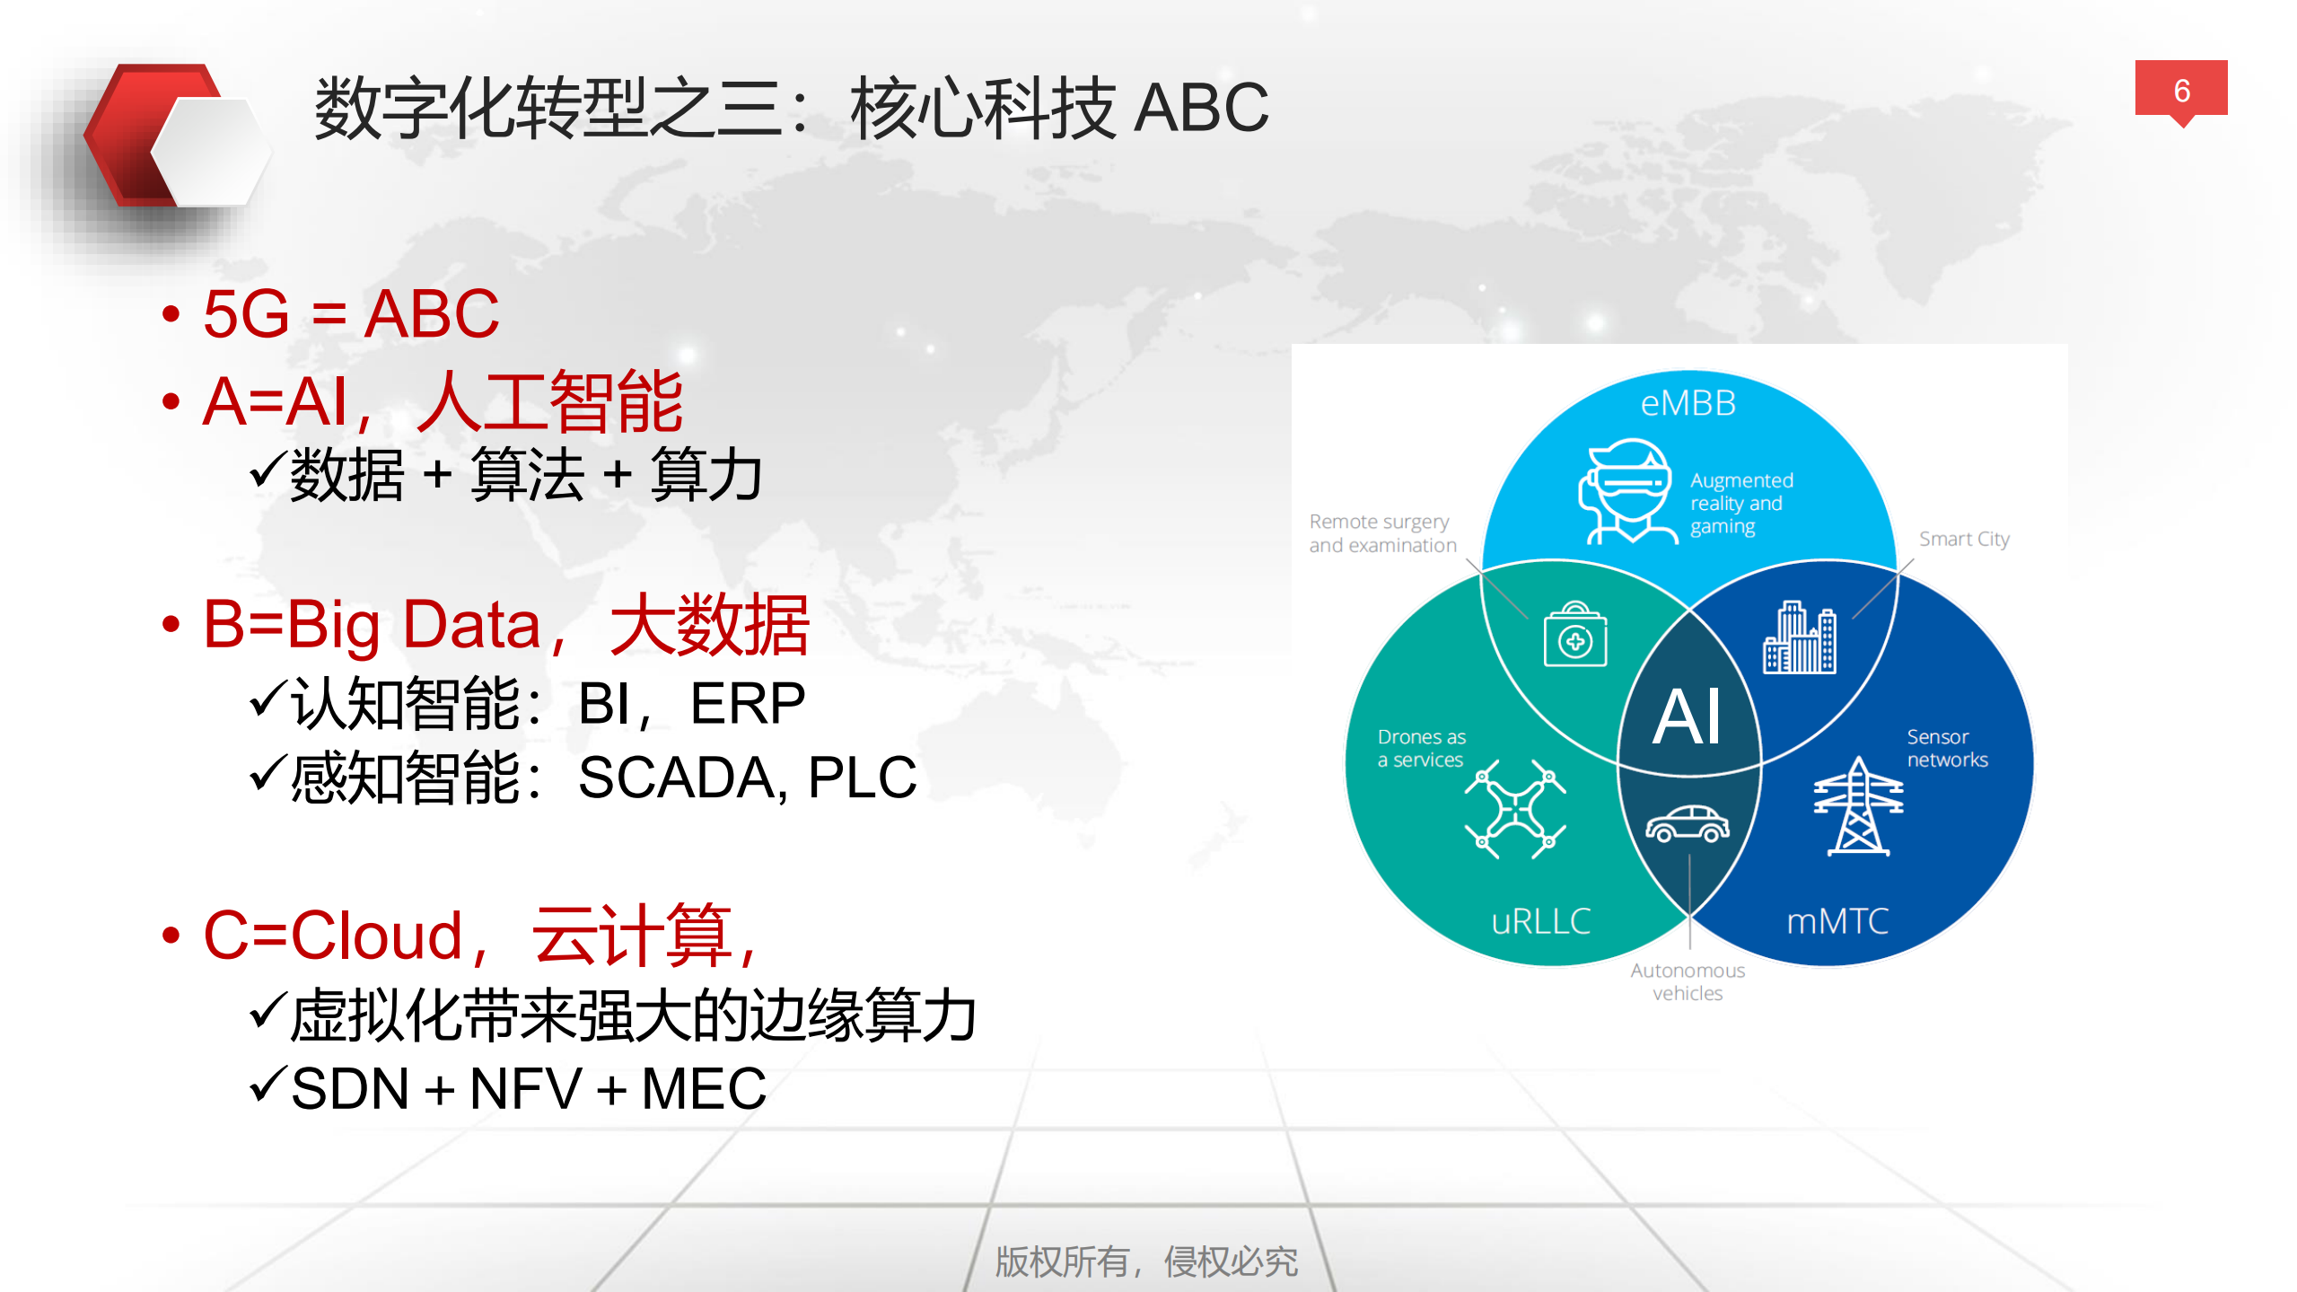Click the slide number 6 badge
(x=2180, y=90)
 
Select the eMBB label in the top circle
(x=1688, y=403)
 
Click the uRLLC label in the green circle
(x=1540, y=921)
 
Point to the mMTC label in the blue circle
(x=1837, y=921)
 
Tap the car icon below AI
(x=1687, y=824)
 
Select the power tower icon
(x=1857, y=806)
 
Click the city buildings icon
(x=1799, y=638)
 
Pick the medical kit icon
(x=1574, y=636)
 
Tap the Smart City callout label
(x=1963, y=539)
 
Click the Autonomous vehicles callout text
(x=1687, y=981)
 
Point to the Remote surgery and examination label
(x=1381, y=533)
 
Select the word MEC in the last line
(x=704, y=1089)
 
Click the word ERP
(x=747, y=704)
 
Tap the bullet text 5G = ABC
(x=350, y=314)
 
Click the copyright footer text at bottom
(x=1146, y=1261)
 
